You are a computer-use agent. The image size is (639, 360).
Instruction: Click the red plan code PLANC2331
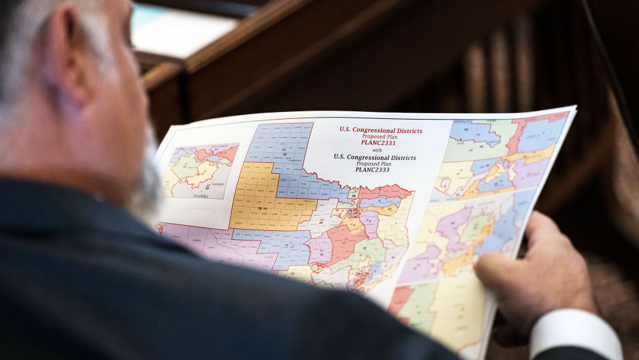pos(378,143)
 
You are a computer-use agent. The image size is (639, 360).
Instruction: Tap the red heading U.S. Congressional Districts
pos(381,130)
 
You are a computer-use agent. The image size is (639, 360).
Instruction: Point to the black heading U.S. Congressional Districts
pos(375,157)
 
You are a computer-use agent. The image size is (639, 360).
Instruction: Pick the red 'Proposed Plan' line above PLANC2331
pos(379,136)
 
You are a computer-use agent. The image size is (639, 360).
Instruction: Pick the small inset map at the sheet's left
pos(199,171)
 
